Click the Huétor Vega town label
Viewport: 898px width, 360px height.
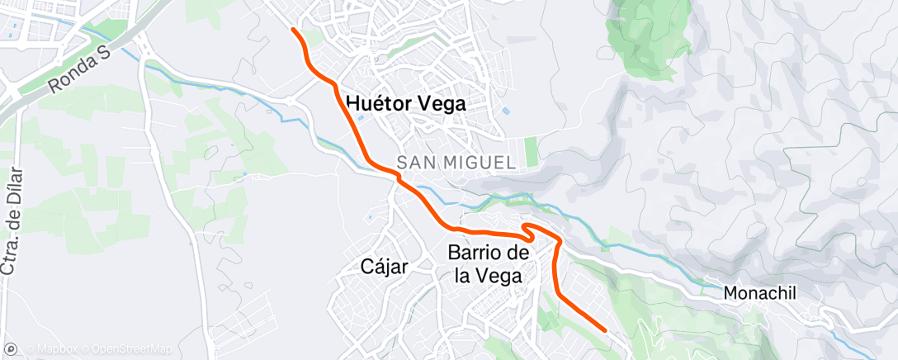(406, 104)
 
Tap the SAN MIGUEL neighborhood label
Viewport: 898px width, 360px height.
(456, 163)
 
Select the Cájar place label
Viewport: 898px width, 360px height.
(385, 266)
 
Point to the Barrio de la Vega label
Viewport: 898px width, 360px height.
(489, 264)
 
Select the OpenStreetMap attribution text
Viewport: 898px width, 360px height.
(132, 349)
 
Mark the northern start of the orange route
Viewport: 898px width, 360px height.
(294, 30)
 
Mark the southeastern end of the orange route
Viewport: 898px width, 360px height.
(607, 330)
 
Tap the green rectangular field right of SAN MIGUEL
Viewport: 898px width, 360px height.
(531, 151)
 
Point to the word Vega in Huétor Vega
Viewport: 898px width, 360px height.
(443, 104)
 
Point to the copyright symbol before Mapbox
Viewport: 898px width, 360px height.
(30, 349)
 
